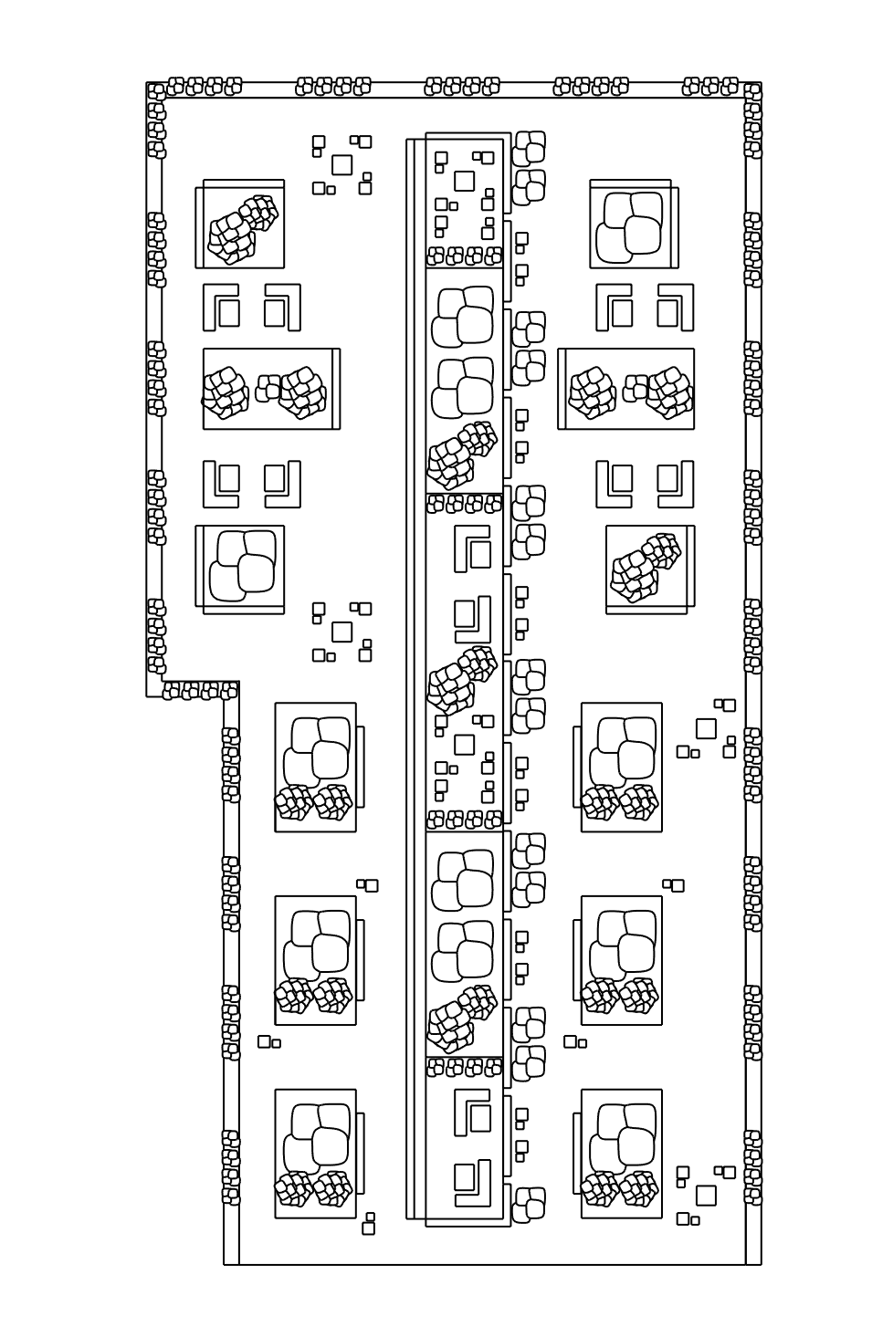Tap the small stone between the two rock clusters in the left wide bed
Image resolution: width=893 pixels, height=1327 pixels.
[x=269, y=389]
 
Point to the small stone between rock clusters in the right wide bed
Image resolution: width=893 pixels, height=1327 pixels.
[x=636, y=389]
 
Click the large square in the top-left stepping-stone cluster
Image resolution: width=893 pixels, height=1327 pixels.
[x=341, y=164]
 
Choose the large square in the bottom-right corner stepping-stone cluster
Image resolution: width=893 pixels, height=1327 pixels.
[x=705, y=1195]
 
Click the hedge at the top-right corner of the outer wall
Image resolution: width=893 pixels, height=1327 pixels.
[x=752, y=92]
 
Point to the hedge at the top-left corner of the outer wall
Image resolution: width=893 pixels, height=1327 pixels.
[x=157, y=92]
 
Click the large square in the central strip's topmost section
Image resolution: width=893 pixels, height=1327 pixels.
[x=464, y=180]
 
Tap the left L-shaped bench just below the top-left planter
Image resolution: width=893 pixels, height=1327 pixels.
[x=220, y=308]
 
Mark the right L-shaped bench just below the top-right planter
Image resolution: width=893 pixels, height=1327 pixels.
[x=676, y=308]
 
